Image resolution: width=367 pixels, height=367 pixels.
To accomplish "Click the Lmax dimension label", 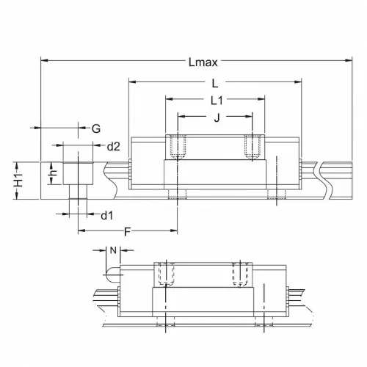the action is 203,62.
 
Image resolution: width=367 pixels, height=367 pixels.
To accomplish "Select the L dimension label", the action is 215,84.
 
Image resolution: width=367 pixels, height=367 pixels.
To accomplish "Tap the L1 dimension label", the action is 217,101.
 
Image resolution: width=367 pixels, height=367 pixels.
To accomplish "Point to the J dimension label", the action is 217,117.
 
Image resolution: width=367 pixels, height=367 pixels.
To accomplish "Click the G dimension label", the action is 96,128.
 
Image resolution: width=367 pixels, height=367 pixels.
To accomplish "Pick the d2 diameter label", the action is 114,147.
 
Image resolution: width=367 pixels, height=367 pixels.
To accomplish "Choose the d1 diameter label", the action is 107,216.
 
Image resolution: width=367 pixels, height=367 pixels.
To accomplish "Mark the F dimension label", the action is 127,231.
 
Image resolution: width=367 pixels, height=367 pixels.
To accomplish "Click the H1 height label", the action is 18,181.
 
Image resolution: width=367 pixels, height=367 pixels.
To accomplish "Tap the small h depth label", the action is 54,172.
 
